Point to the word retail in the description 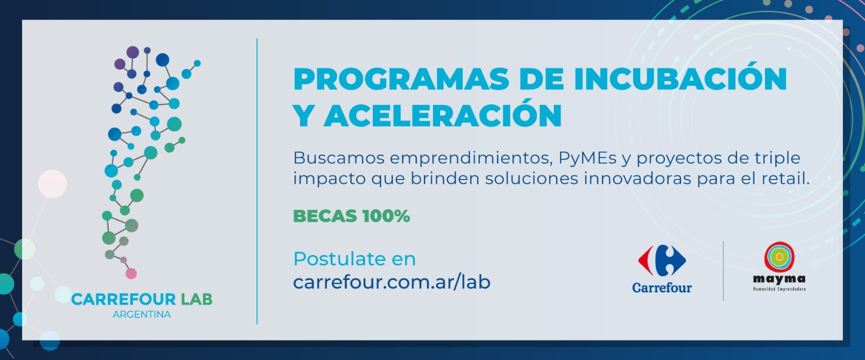coord(786,178)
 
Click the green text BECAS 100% coord(351,216)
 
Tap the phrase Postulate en coord(355,259)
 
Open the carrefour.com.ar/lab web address coord(391,282)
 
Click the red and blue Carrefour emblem coord(662,261)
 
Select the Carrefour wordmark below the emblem coord(662,288)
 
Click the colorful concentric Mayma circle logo coord(779,257)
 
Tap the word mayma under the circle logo coord(779,279)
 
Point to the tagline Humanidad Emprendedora coord(779,289)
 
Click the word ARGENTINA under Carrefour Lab coord(142,315)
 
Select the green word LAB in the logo coord(197,299)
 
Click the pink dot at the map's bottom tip coord(131,274)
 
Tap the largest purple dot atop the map coord(132,52)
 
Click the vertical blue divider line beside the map coord(257,181)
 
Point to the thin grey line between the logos coord(723,271)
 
